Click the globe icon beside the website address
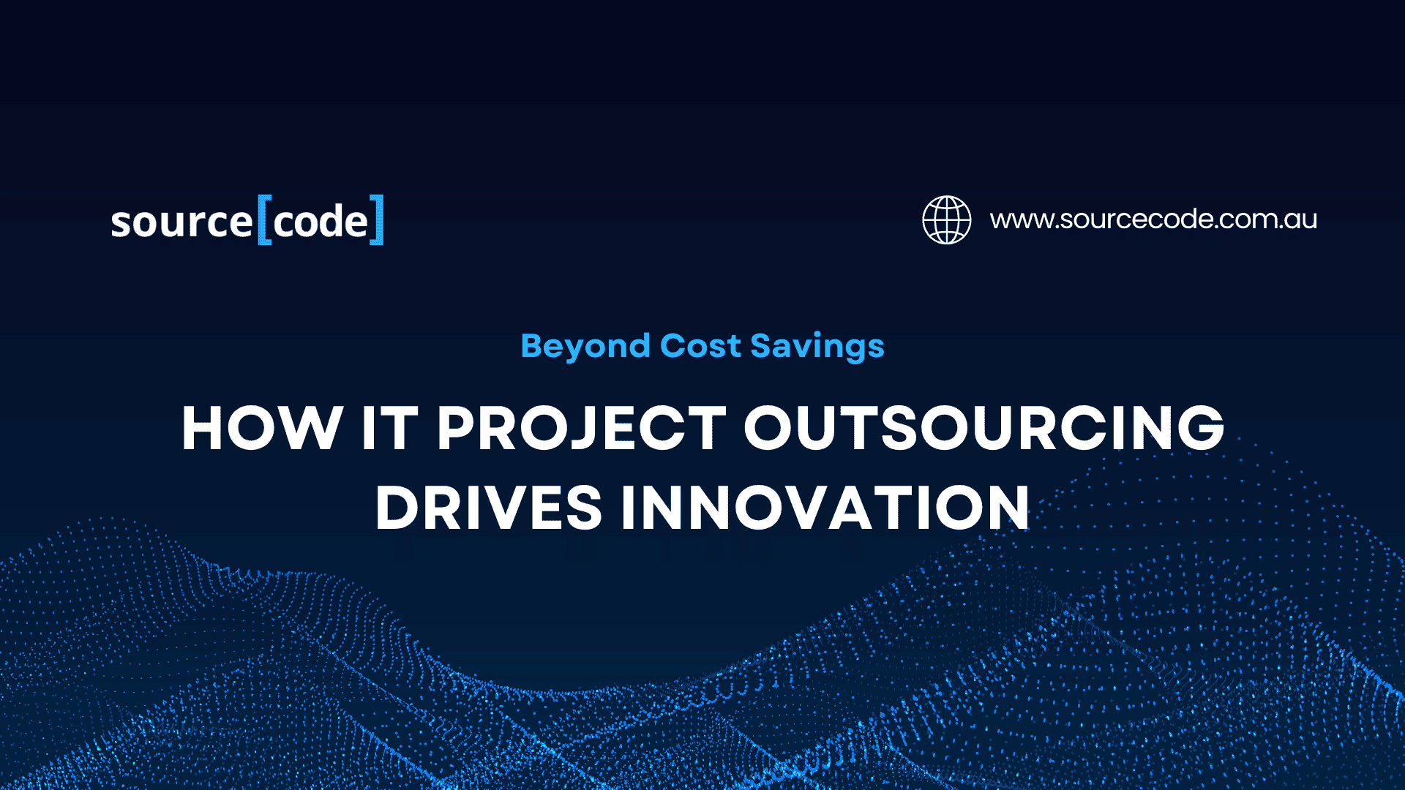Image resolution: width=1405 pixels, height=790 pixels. [x=946, y=219]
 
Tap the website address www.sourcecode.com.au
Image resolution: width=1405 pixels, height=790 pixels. [x=1153, y=219]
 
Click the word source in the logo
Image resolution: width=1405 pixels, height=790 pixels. [x=181, y=222]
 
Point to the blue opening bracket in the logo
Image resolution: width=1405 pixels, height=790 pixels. [x=264, y=219]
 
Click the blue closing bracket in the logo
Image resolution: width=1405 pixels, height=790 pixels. [x=377, y=219]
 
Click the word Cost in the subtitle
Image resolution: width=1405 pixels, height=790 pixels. [x=700, y=346]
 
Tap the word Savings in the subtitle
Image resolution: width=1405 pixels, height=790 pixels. [x=817, y=347]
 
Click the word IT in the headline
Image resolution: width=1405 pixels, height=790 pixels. [x=389, y=428]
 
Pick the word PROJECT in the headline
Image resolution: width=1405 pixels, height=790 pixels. [x=582, y=429]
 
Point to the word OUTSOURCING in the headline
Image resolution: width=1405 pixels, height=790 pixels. [x=984, y=428]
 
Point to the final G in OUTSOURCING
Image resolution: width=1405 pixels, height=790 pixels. [x=1201, y=428]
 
